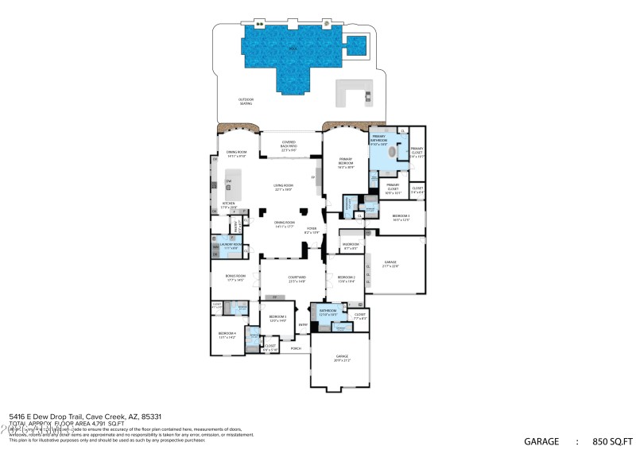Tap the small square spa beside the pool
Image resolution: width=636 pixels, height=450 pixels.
click(356, 45)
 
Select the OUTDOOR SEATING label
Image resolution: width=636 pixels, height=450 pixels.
click(246, 103)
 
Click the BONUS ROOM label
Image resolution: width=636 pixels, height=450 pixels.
click(234, 277)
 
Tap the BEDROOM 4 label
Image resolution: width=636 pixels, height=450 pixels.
click(227, 336)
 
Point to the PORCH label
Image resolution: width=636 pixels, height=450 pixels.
click(296, 348)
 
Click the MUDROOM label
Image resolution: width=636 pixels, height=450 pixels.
click(351, 245)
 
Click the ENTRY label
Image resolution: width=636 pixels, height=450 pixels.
click(303, 324)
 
